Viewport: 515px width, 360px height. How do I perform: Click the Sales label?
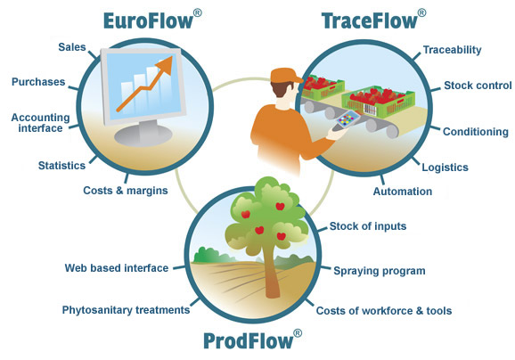click(72, 47)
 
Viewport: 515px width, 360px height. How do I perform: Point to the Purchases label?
click(38, 82)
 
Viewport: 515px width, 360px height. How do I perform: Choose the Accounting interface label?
click(40, 122)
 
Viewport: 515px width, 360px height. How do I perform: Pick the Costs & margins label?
click(126, 191)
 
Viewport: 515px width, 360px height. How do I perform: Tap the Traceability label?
click(452, 50)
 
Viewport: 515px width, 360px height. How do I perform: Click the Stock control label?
click(478, 86)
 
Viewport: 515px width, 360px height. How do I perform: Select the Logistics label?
click(445, 168)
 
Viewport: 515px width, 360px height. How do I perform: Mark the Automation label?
click(403, 192)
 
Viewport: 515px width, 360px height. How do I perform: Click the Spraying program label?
click(380, 271)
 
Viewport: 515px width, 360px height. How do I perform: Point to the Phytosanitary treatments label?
click(127, 310)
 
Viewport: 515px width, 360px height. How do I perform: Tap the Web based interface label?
click(117, 268)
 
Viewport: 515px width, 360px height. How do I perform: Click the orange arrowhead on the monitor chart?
click(165, 65)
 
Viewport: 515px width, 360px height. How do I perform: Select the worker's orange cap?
click(285, 76)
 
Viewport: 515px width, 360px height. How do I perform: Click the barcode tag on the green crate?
click(371, 110)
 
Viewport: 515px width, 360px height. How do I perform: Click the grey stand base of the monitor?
click(143, 135)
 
